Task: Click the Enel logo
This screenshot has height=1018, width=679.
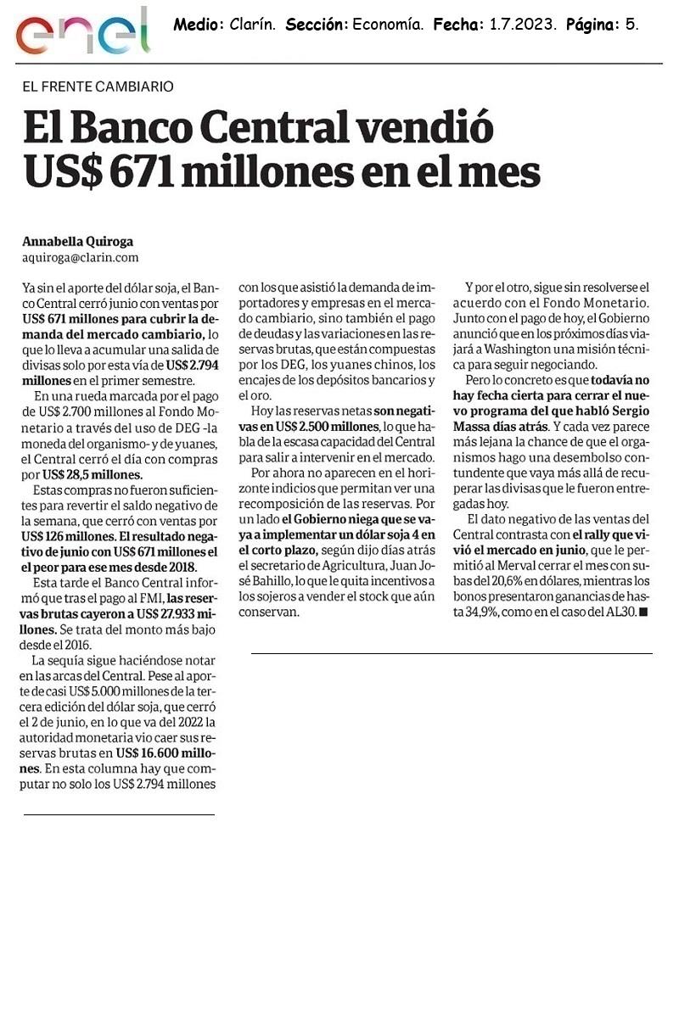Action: (x=81, y=33)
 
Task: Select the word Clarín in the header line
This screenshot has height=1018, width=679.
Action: (x=253, y=25)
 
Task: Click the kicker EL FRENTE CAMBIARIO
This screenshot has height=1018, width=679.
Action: (x=98, y=87)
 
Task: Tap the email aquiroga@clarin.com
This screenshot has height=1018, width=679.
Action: (x=80, y=257)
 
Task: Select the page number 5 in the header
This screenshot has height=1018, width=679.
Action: (x=631, y=25)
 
